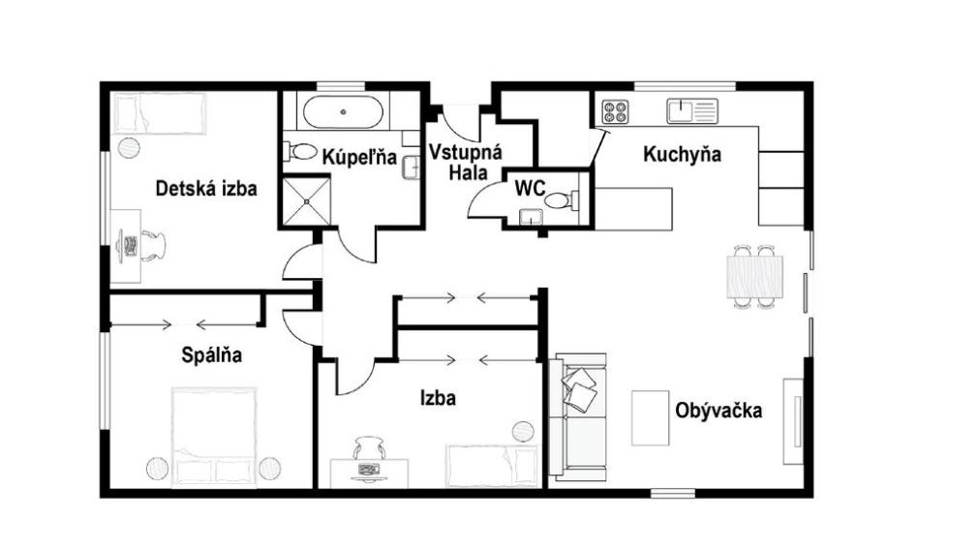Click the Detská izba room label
pyautogui.click(x=206, y=189)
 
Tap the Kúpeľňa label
pyautogui.click(x=359, y=157)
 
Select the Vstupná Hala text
pyautogui.click(x=465, y=161)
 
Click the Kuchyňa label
pyautogui.click(x=682, y=154)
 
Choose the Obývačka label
pyautogui.click(x=718, y=410)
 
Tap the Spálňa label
pyautogui.click(x=212, y=355)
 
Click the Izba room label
pyautogui.click(x=438, y=397)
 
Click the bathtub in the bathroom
pyautogui.click(x=344, y=111)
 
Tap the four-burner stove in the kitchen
pyautogui.click(x=614, y=111)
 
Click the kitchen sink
pyautogui.click(x=690, y=110)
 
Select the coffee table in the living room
pyautogui.click(x=650, y=417)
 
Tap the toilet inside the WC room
pyautogui.click(x=559, y=200)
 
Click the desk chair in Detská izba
pyautogui.click(x=153, y=245)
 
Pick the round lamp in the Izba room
pyautogui.click(x=523, y=430)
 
